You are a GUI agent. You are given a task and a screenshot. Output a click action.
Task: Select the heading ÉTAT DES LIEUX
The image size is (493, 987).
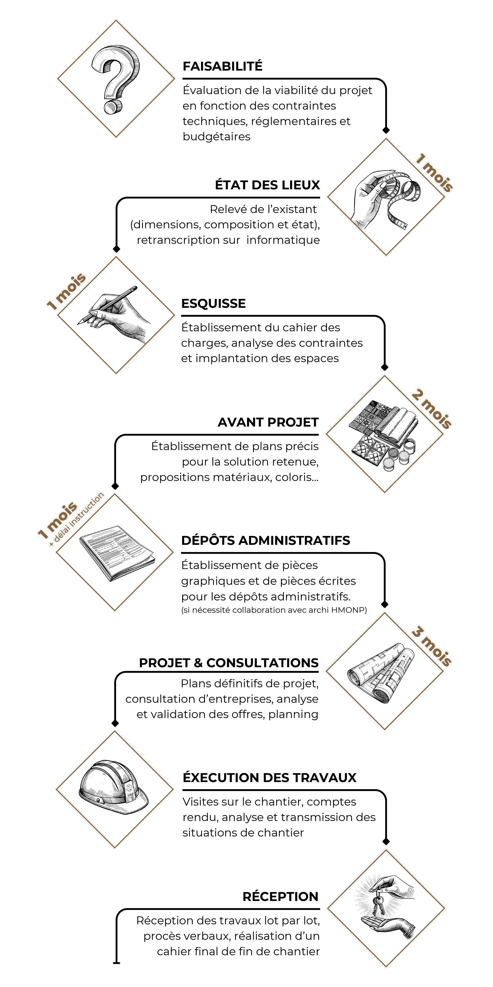267,185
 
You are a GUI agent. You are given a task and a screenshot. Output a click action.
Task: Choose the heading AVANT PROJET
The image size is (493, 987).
268,422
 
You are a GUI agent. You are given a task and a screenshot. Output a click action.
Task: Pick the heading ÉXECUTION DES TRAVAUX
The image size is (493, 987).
270,777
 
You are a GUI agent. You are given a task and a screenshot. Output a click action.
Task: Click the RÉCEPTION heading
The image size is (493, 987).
281,897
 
